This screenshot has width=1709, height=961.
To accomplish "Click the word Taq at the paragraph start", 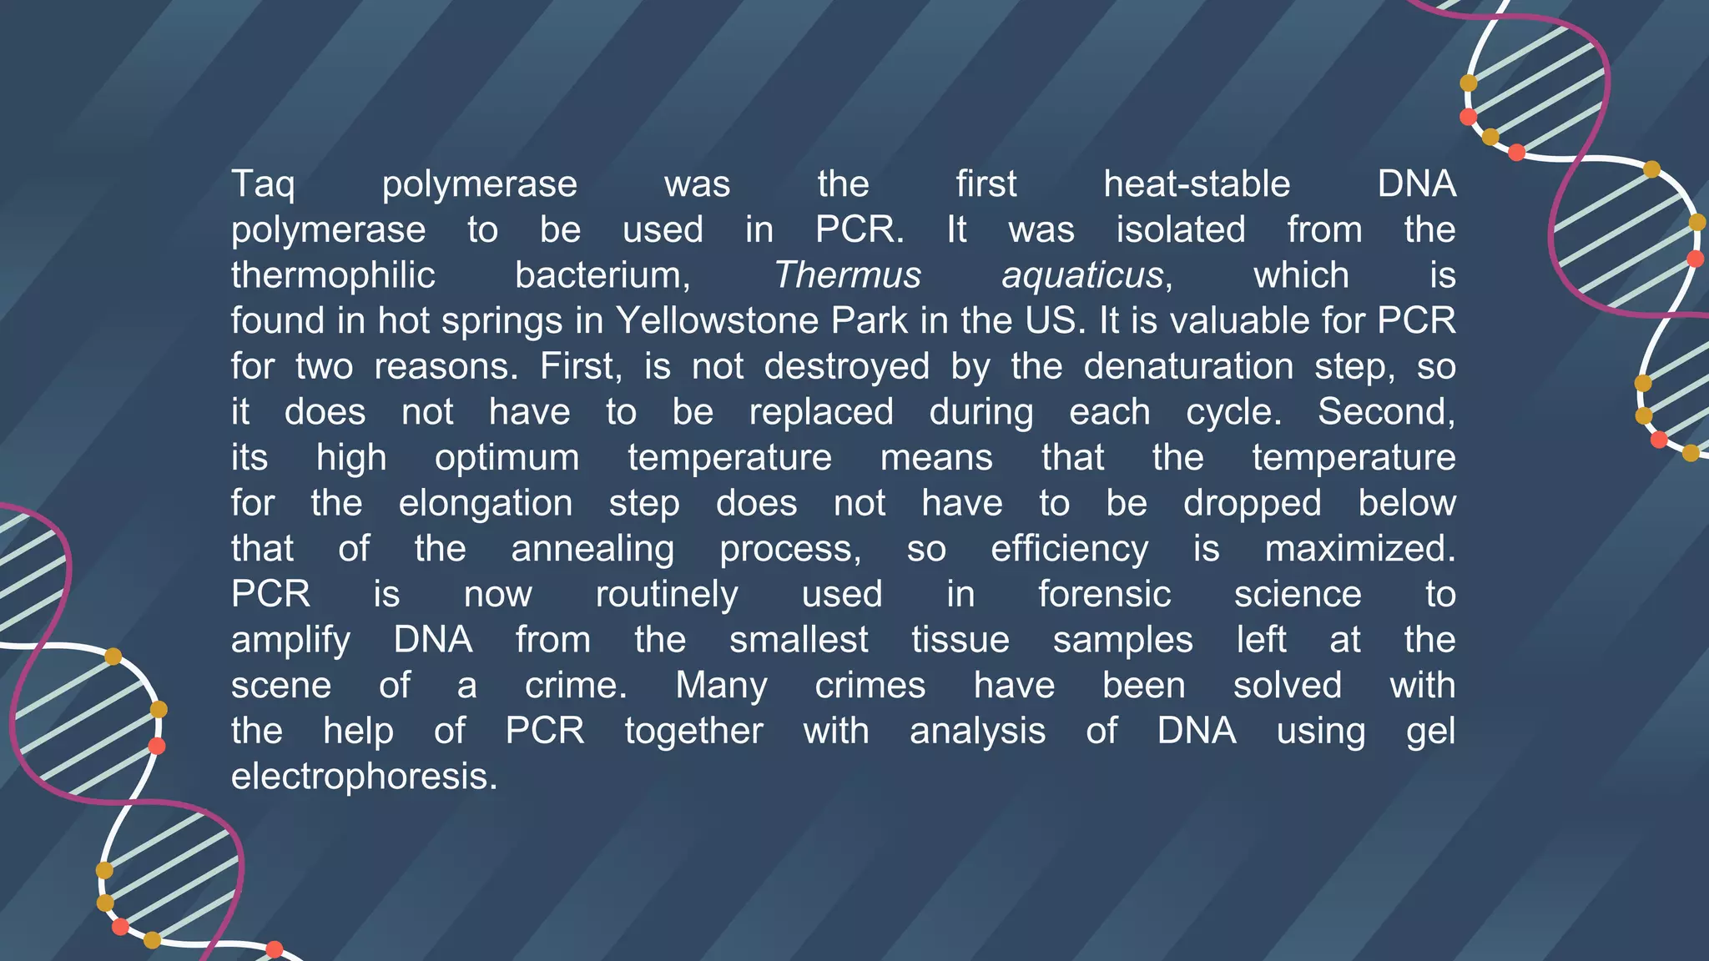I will (263, 184).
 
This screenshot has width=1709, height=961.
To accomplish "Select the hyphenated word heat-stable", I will (1197, 184).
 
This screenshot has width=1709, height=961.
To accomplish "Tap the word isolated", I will (1181, 229).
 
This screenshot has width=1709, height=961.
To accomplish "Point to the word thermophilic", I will (333, 275).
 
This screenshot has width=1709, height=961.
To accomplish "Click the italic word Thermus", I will (847, 275).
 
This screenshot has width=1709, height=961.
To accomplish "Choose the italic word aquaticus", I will (1082, 275).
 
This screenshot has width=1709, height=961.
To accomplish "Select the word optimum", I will (507, 457).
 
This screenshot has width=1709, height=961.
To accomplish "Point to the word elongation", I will (485, 503).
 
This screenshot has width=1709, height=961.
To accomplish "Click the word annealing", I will (592, 549).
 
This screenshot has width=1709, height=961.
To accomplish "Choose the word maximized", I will (1359, 549).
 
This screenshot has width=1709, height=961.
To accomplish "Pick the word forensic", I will (1104, 594).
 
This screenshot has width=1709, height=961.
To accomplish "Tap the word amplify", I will (290, 640).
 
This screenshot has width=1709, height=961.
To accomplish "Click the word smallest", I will (799, 640).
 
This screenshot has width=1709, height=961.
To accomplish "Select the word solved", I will (1288, 686).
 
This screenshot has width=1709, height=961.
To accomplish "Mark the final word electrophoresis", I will (364, 777).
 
